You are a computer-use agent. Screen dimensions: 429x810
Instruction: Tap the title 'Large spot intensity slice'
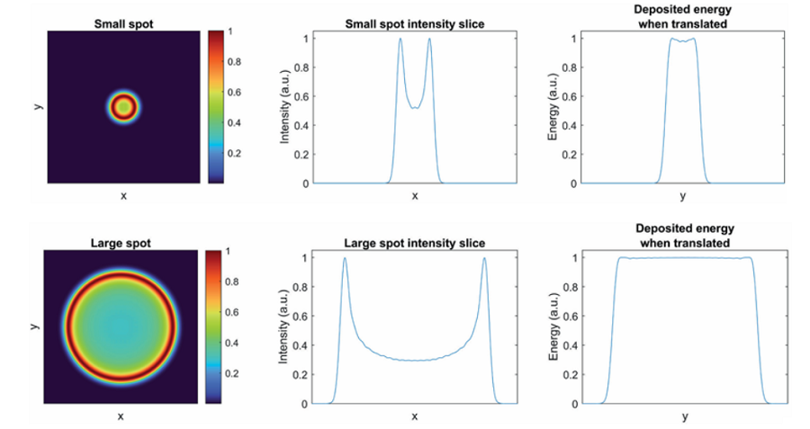415,243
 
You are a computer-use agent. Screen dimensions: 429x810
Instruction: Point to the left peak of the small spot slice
400,39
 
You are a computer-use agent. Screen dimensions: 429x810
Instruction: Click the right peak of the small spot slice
429,39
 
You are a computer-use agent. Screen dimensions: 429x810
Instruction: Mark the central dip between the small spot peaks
415,108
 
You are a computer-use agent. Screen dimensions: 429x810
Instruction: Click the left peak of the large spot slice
345,259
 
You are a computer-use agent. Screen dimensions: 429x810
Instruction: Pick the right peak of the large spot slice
484,259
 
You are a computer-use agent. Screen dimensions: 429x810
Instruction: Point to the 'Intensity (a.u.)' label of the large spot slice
285,329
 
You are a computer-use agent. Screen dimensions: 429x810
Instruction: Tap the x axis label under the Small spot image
122,195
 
